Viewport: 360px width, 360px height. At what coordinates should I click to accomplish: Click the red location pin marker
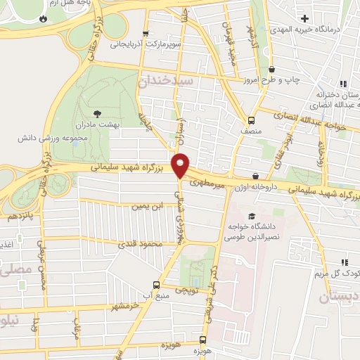pyautogui.click(x=181, y=165)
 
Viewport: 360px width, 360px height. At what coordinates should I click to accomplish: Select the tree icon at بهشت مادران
pyautogui.click(x=97, y=112)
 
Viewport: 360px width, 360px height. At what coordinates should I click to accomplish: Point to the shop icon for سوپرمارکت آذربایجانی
pyautogui.click(x=146, y=33)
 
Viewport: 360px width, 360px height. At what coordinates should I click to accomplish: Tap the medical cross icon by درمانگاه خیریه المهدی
pyautogui.click(x=304, y=18)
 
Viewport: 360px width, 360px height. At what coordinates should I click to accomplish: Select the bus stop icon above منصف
pyautogui.click(x=251, y=120)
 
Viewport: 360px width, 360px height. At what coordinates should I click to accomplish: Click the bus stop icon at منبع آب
pyautogui.click(x=156, y=285)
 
